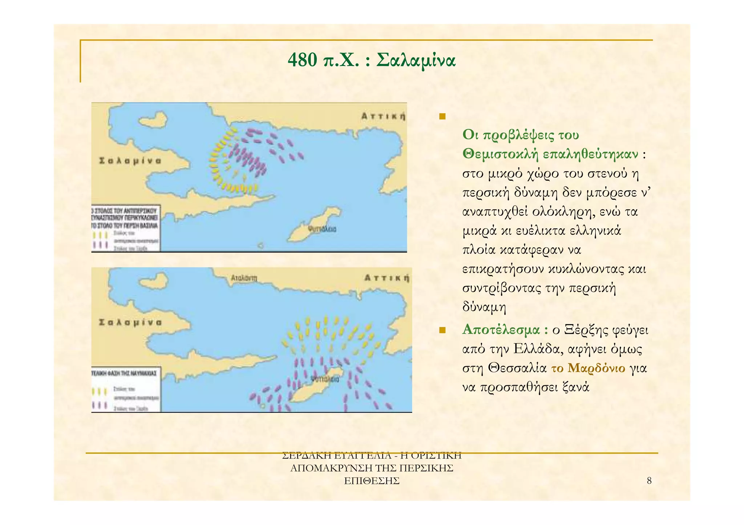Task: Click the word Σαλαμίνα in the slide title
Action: point(416,60)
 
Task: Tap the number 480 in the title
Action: point(302,60)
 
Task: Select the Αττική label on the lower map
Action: point(387,278)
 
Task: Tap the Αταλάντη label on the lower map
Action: point(244,278)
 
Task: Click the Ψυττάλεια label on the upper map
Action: point(322,229)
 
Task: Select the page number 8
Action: point(649,481)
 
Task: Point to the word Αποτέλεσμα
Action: point(501,330)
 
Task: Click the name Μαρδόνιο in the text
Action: point(596,368)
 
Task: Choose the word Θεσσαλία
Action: point(517,368)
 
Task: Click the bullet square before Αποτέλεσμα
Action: point(442,330)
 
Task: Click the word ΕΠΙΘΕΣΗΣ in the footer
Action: point(372,481)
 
